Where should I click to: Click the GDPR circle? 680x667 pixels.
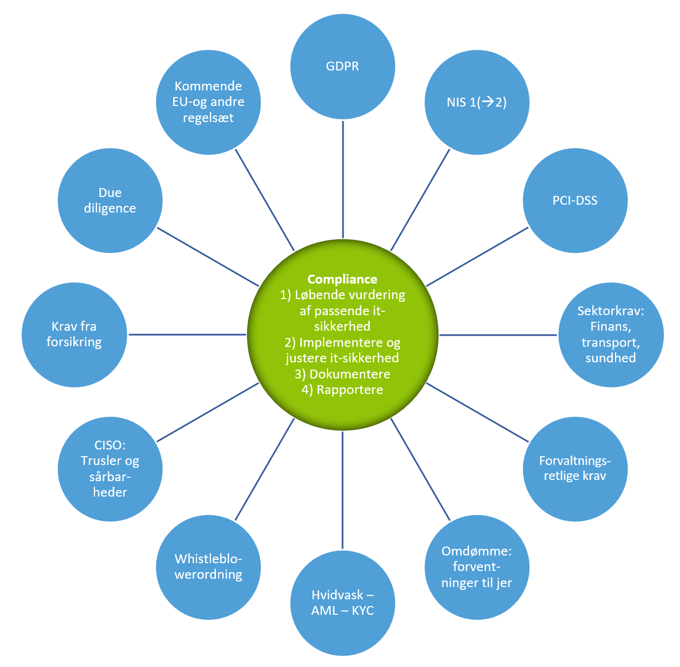click(x=342, y=67)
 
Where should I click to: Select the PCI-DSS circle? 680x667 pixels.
click(x=575, y=200)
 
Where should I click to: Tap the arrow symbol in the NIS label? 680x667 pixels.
click(x=488, y=102)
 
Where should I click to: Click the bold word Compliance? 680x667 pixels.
click(x=342, y=279)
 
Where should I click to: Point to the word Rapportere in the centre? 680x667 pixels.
click(x=350, y=390)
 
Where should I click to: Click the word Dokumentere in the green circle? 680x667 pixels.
click(x=350, y=374)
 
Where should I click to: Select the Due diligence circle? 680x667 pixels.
click(x=110, y=200)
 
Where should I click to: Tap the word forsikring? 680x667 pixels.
click(x=74, y=342)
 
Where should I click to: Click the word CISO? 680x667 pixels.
click(x=110, y=445)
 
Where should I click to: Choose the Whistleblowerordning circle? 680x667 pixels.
click(x=208, y=567)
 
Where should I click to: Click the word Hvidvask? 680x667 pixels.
click(x=338, y=595)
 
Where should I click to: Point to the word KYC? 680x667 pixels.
click(x=363, y=610)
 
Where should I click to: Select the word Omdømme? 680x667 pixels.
click(x=476, y=551)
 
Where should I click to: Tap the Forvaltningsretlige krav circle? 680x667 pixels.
click(x=575, y=469)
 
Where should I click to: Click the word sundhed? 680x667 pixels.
click(x=611, y=358)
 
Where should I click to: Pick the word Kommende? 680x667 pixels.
click(x=208, y=86)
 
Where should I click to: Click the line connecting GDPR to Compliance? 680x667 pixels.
click(x=342, y=179)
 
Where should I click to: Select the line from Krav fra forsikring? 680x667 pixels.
click(x=187, y=334)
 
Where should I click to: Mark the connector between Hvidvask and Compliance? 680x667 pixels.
click(x=342, y=490)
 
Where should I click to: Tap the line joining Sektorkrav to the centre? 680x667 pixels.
click(x=498, y=335)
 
